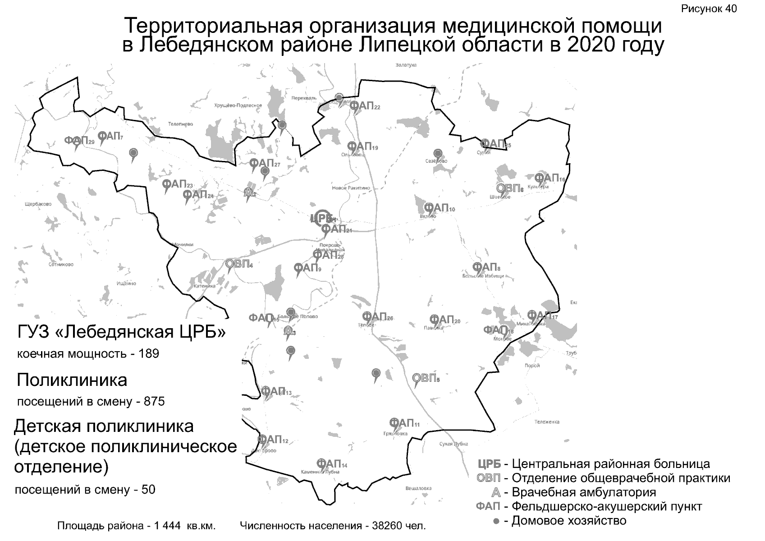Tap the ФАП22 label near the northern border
[x=364, y=106]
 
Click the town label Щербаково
[x=38, y=204]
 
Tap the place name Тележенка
[x=546, y=422]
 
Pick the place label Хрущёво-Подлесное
[x=238, y=105]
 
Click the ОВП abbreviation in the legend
[x=488, y=478]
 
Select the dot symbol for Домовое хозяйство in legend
[x=496, y=522]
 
